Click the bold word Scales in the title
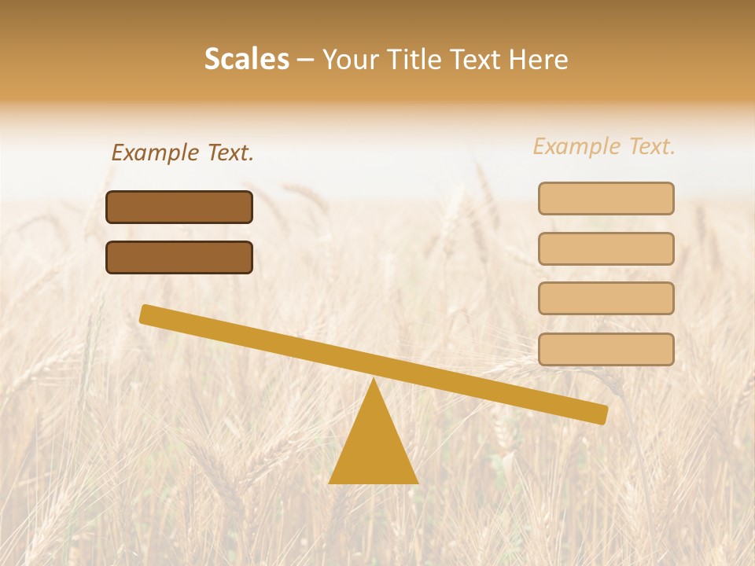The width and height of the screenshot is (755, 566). pyautogui.click(x=246, y=59)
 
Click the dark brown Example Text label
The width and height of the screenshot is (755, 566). pyautogui.click(x=182, y=153)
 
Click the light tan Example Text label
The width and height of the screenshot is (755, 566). pyautogui.click(x=604, y=146)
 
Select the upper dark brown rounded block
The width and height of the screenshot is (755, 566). pyautogui.click(x=179, y=207)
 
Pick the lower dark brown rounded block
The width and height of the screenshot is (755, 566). pyautogui.click(x=179, y=257)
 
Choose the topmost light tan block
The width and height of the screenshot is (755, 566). pyautogui.click(x=606, y=198)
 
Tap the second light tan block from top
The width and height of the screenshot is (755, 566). pyautogui.click(x=606, y=248)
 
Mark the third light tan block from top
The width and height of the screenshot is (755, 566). pyautogui.click(x=606, y=298)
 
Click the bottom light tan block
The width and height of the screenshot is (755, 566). pyautogui.click(x=606, y=349)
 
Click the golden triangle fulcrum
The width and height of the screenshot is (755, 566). pyautogui.click(x=374, y=448)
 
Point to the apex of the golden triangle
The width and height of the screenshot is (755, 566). pyautogui.click(x=374, y=381)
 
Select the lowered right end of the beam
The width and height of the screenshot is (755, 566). pyautogui.click(x=601, y=413)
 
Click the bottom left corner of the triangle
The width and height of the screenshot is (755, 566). pyautogui.click(x=331, y=482)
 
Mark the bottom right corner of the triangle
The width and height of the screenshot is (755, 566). pyautogui.click(x=416, y=482)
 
